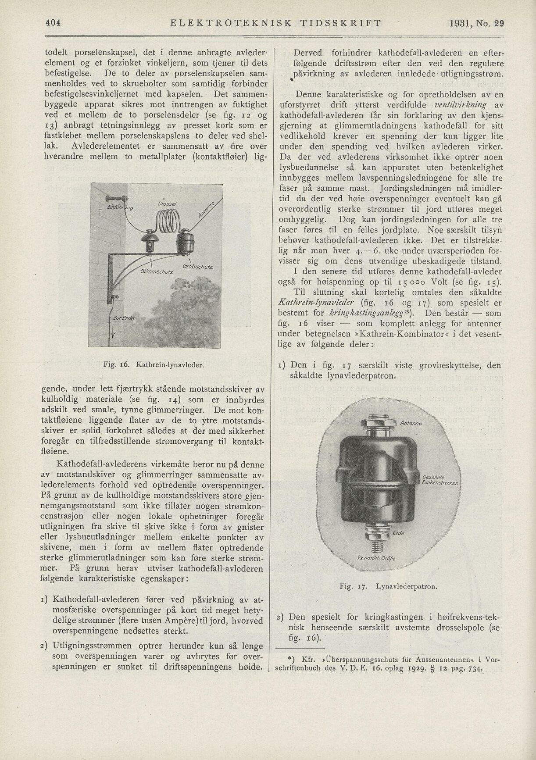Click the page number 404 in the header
[52, 22]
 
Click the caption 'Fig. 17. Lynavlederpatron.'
[389, 586]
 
